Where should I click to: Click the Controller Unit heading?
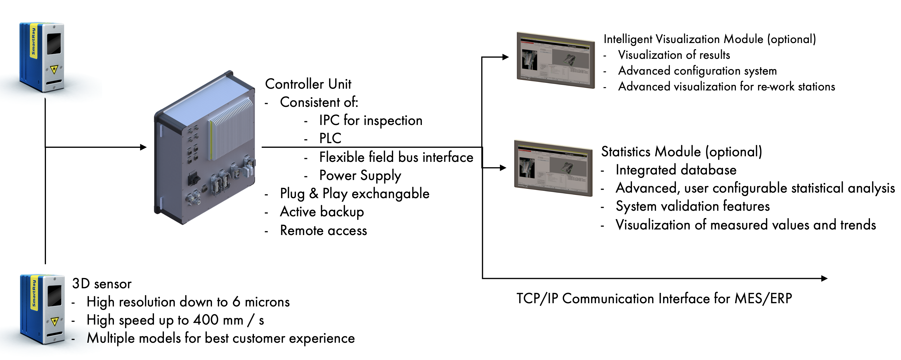(308, 84)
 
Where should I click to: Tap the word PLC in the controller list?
(330, 138)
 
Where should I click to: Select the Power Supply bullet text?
(360, 175)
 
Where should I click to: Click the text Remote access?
(323, 231)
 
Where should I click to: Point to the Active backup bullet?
(322, 212)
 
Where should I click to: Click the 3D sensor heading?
(102, 284)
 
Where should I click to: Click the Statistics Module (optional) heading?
(681, 152)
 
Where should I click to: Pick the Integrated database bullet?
(676, 170)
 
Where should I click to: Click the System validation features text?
(693, 206)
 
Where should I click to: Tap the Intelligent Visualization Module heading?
(709, 39)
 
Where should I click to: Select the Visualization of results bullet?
(674, 55)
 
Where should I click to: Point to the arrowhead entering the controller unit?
(143, 147)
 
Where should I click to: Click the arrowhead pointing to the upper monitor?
(506, 57)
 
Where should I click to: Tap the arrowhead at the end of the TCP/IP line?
(824, 278)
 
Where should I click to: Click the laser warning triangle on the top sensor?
(54, 69)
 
